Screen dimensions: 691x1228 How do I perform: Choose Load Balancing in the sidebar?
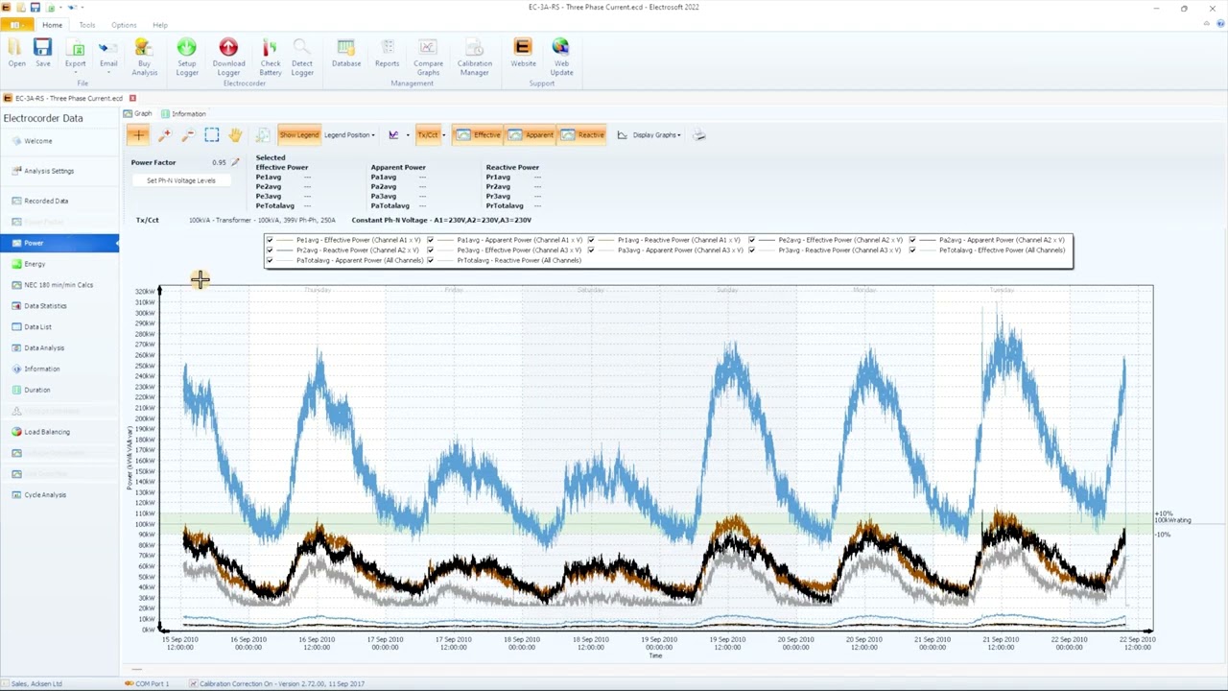47,432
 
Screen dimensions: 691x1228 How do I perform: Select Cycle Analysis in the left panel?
45,495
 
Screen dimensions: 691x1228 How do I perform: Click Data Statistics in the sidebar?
45,306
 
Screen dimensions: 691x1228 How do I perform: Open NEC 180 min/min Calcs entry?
59,285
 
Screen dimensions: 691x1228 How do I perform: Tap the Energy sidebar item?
35,264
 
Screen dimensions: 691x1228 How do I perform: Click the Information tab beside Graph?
188,114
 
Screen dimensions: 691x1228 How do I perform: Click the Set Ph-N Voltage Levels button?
181,180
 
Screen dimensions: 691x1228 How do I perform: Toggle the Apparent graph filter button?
531,135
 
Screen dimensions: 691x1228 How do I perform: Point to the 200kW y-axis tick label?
145,418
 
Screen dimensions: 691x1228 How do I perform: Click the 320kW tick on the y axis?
145,292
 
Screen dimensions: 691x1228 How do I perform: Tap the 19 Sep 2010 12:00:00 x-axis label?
727,643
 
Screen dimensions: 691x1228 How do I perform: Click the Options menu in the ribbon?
124,25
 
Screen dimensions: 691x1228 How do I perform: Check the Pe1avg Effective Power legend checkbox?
270,240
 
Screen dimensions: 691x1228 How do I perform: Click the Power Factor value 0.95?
219,163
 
